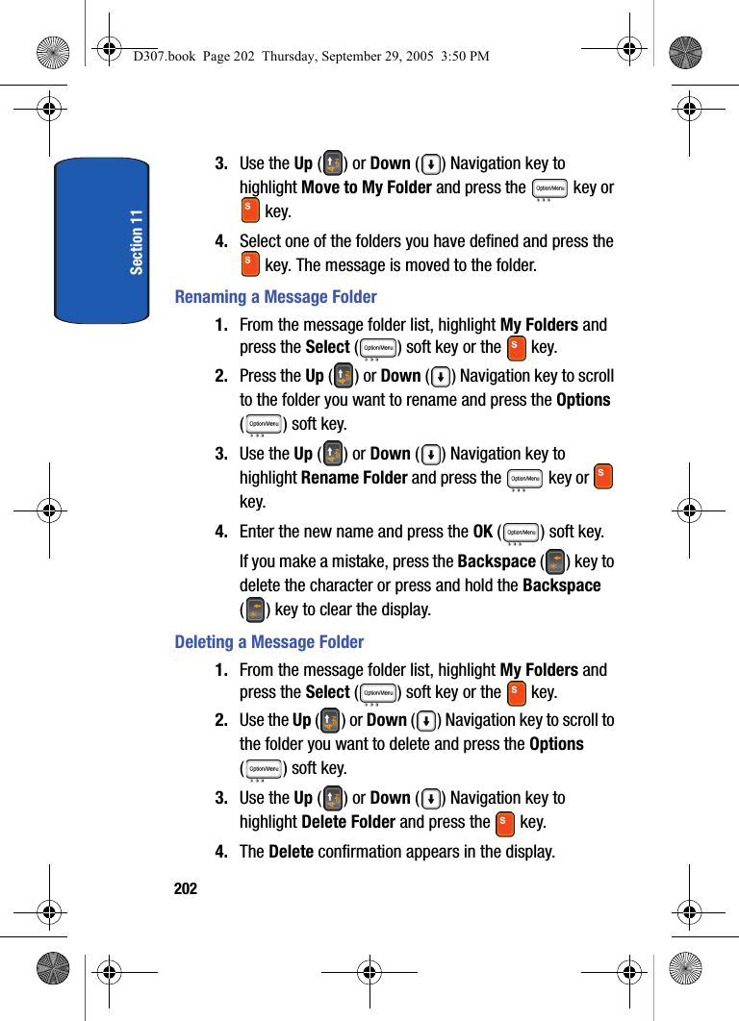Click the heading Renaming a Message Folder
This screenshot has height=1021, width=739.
point(275,297)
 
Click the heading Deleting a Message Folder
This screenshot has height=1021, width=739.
point(268,642)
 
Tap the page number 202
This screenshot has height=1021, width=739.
point(186,888)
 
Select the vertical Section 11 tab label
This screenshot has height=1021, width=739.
point(137,241)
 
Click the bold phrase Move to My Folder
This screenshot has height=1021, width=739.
point(366,187)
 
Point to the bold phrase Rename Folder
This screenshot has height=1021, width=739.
point(354,478)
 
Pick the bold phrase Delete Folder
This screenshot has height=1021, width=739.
point(348,822)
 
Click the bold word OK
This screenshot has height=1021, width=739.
point(483,532)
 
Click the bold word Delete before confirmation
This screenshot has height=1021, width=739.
point(291,852)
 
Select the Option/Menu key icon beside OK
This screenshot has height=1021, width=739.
point(522,534)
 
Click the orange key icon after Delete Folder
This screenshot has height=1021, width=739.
point(504,823)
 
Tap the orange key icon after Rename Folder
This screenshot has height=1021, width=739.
point(603,476)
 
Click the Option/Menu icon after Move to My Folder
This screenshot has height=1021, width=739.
point(549,189)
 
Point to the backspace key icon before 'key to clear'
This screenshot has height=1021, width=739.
point(255,610)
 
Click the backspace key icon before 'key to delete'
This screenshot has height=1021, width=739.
point(554,561)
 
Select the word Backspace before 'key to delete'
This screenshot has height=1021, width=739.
point(497,561)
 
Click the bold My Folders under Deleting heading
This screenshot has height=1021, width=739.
point(539,670)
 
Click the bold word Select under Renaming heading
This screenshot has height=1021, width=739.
point(327,347)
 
